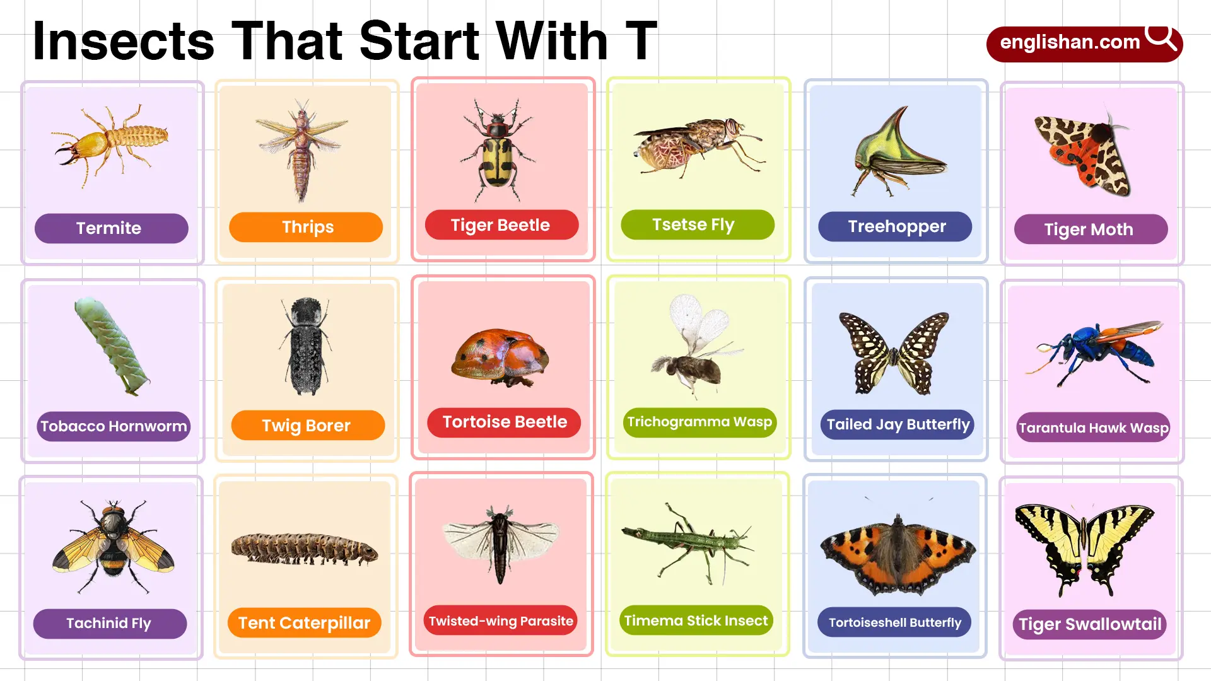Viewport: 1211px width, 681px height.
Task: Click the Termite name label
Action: coord(111,228)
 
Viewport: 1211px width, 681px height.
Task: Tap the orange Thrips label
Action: coord(306,227)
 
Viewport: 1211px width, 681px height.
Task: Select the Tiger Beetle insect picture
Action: coord(498,149)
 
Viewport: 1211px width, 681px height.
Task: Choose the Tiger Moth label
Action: coord(1091,229)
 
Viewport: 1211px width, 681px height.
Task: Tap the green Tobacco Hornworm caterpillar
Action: coord(112,346)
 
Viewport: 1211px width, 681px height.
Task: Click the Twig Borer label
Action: coord(308,426)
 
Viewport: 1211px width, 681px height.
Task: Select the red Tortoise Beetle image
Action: coord(501,358)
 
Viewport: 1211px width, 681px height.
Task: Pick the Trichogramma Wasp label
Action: coord(699,422)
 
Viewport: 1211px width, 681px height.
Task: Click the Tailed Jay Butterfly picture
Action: coord(894,353)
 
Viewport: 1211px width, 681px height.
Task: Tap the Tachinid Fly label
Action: coord(110,624)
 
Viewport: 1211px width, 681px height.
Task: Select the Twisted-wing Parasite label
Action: coord(501,621)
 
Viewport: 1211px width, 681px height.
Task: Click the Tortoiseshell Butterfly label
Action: coord(894,622)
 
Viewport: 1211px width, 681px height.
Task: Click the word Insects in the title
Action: coord(124,42)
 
